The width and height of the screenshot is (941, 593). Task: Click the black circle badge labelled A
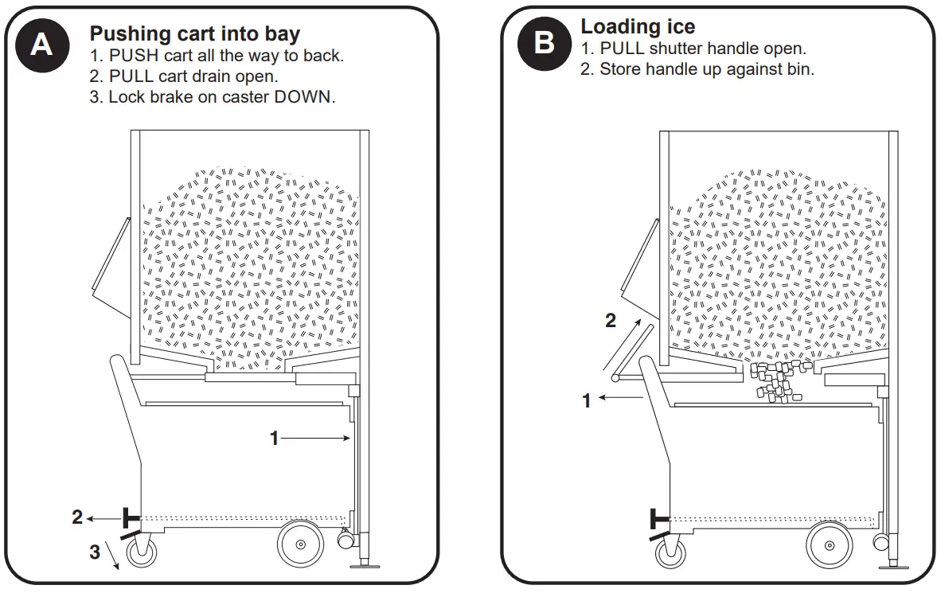[x=41, y=45]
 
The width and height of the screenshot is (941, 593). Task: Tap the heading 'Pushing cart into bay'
[x=194, y=34]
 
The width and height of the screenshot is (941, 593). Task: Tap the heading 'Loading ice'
[x=638, y=26]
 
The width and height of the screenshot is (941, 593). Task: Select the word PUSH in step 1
[x=131, y=57]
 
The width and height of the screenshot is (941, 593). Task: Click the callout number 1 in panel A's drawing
[x=274, y=438]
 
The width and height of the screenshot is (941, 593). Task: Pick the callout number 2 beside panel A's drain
[x=77, y=517]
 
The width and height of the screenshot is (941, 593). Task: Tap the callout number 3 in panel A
[x=95, y=552]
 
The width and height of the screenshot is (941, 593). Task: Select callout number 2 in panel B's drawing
[x=611, y=321]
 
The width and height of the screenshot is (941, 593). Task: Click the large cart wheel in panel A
[x=300, y=544]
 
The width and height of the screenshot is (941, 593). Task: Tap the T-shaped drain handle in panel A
[x=127, y=518]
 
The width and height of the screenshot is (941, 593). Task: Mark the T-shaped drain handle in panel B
[x=658, y=519]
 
